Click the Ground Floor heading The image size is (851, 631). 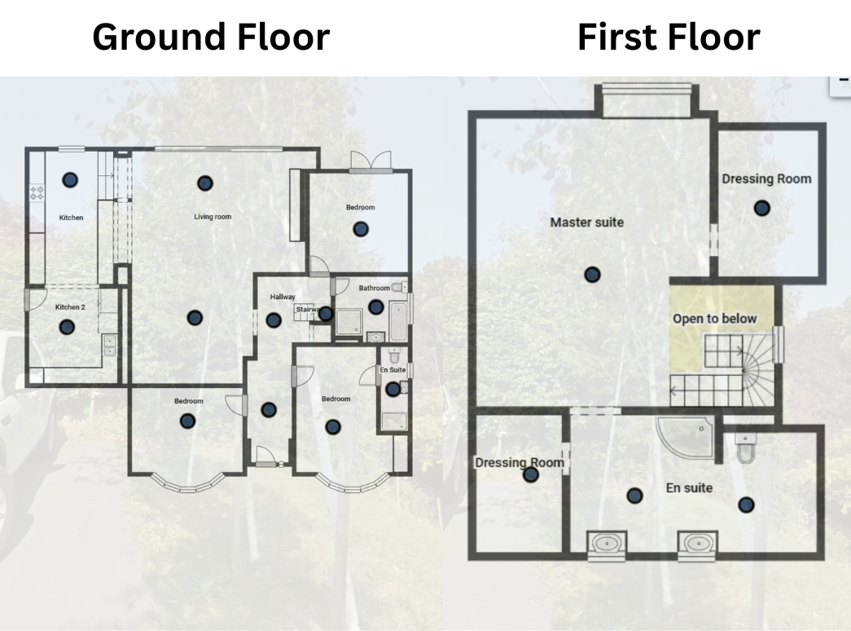[211, 37]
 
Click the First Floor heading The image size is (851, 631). [669, 37]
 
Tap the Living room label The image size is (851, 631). [213, 216]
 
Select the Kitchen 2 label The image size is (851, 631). [70, 307]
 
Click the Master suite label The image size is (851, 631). [586, 223]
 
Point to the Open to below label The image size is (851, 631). [715, 319]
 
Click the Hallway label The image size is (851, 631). [283, 297]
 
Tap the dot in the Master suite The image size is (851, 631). [592, 275]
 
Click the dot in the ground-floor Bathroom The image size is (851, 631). [376, 307]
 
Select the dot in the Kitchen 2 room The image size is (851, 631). [67, 327]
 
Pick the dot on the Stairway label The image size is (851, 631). [326, 314]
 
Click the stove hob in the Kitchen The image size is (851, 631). [37, 192]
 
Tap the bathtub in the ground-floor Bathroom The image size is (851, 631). [398, 321]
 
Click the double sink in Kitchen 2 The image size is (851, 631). [110, 345]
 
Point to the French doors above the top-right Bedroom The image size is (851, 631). [371, 161]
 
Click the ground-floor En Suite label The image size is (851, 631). [393, 369]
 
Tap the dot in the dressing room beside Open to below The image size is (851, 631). [762, 208]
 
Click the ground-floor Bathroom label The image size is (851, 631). [374, 288]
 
